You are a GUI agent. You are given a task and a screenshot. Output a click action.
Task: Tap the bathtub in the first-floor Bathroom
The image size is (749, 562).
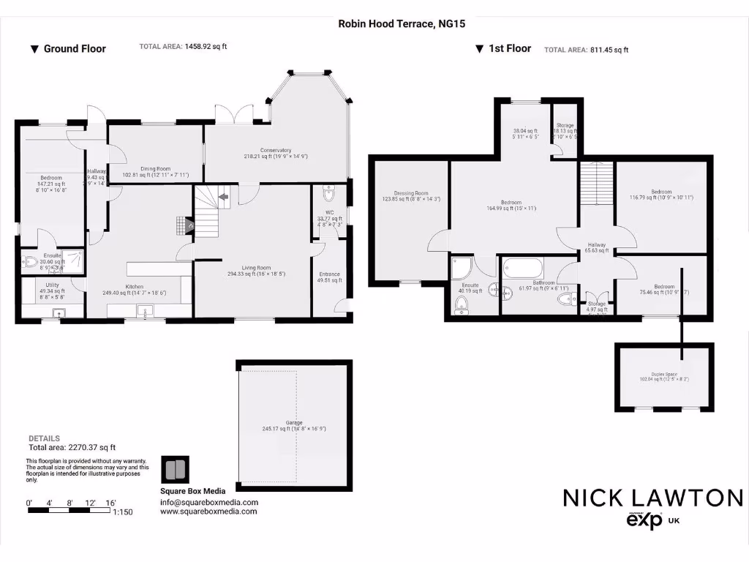[x=522, y=269]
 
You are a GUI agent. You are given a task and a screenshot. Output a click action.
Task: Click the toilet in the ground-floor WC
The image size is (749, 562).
[x=328, y=194]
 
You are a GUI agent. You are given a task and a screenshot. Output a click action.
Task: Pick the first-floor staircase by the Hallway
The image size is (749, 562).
[x=596, y=184]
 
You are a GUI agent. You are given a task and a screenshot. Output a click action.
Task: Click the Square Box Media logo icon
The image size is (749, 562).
[x=175, y=469]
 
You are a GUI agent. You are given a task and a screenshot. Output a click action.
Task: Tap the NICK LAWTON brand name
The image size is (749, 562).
[x=652, y=498]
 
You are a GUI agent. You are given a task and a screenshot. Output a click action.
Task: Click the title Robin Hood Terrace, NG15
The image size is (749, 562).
[x=402, y=23]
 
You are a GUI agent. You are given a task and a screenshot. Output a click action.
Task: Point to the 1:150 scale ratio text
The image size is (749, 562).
[x=122, y=513]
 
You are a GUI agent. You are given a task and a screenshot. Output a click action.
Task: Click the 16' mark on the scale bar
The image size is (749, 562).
[x=111, y=503]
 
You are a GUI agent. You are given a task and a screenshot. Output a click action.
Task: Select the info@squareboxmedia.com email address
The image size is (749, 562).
[x=209, y=503]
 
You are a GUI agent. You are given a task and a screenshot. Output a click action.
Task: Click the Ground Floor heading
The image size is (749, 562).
[x=74, y=49]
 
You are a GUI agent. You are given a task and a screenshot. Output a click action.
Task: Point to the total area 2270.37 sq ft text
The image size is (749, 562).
[x=72, y=447]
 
